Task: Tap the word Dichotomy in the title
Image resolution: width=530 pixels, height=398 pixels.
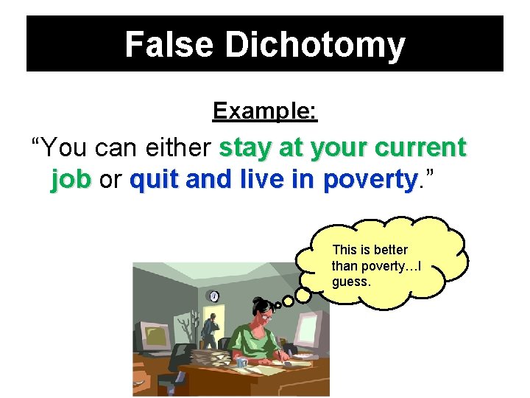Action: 315,44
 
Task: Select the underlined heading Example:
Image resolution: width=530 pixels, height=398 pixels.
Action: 265,111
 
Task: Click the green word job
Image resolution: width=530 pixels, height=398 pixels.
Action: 71,180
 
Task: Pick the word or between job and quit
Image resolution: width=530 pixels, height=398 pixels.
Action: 110,181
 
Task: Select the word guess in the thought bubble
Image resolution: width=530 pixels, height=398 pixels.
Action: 351,282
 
